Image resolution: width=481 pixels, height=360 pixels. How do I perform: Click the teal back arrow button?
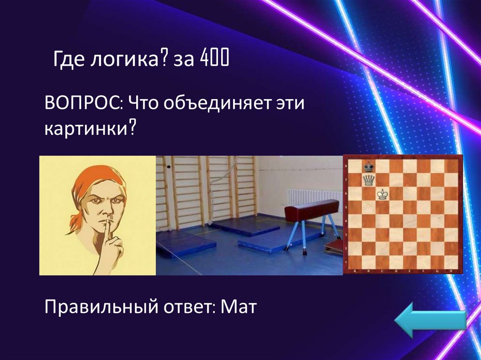430,320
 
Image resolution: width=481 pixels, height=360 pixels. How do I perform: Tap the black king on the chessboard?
369,167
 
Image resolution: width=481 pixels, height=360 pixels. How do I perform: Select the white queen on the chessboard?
369,180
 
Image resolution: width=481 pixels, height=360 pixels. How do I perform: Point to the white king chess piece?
382,194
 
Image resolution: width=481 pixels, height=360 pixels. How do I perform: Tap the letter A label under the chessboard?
355,271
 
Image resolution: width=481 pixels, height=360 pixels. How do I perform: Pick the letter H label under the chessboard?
450,271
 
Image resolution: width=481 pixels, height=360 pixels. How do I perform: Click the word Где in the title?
68,60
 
